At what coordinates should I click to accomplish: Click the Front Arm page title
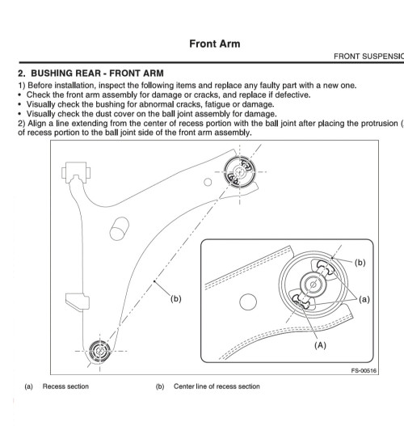tap(214, 44)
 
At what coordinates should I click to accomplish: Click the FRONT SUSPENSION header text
tap(368, 57)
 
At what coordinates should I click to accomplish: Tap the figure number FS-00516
tap(364, 370)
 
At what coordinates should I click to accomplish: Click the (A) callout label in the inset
tap(320, 345)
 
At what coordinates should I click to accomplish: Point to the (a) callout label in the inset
tap(364, 299)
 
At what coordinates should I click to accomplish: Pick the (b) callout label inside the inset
tap(360, 263)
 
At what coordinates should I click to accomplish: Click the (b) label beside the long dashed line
tap(176, 299)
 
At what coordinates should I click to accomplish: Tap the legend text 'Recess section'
tap(65, 386)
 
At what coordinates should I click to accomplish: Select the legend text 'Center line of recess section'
tap(217, 386)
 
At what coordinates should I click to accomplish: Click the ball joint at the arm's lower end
tap(100, 352)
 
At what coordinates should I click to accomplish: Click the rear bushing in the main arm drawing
tap(240, 171)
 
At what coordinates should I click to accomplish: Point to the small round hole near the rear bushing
tap(208, 182)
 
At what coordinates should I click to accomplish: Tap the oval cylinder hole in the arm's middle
tap(120, 229)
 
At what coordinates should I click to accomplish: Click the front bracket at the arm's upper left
tap(76, 172)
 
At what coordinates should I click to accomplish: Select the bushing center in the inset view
tap(313, 285)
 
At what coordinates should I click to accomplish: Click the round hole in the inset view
tap(248, 302)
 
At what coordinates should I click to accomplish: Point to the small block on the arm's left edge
tap(78, 302)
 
